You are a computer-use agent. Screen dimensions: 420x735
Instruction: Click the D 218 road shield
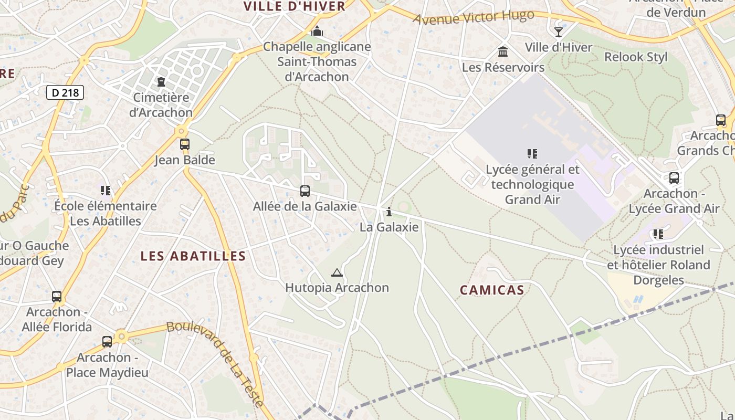(66, 93)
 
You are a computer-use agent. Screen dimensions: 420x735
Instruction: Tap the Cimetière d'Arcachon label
(161, 105)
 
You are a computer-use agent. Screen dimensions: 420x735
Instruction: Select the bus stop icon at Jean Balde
(184, 144)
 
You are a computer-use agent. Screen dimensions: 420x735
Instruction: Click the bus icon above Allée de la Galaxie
(305, 191)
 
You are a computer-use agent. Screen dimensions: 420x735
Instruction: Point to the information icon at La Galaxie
(389, 212)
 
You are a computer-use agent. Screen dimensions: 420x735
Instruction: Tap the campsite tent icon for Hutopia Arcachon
(337, 272)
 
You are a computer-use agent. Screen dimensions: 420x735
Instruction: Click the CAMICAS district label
(492, 290)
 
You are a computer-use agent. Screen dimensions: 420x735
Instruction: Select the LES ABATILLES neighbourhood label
(193, 256)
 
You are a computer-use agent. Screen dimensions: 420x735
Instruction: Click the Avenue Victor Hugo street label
(474, 17)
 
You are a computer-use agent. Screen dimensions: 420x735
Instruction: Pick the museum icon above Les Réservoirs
(503, 52)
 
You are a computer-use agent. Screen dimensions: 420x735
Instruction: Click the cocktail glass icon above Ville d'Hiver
(559, 32)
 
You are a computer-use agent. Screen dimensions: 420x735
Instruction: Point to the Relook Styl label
(636, 57)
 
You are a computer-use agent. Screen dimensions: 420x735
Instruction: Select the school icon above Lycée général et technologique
(532, 154)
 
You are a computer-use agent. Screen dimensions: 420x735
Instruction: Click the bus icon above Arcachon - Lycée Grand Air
(674, 178)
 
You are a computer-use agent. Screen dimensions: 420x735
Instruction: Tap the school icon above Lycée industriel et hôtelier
(658, 234)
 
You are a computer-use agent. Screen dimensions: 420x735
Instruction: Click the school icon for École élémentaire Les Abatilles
(106, 191)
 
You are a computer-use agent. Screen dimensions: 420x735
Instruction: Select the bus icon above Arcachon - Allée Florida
(57, 297)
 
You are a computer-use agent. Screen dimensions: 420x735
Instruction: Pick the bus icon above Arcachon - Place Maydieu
(107, 342)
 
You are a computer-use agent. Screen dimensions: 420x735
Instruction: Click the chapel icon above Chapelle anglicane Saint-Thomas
(317, 31)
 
